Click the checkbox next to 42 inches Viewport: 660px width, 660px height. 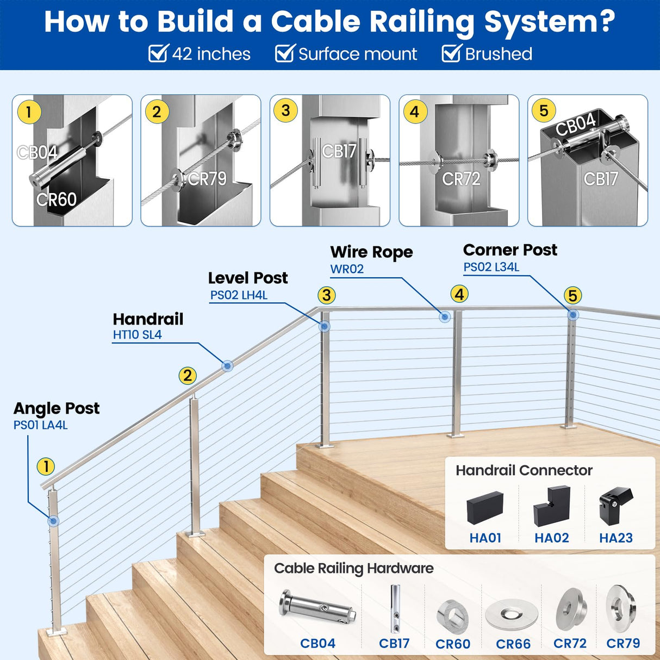[158, 54]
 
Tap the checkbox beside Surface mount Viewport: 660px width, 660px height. [284, 54]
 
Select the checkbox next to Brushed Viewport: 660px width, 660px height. [451, 54]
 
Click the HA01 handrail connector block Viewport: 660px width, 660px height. [485, 507]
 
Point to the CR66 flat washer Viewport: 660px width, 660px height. [512, 614]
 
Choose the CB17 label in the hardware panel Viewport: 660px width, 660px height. [394, 644]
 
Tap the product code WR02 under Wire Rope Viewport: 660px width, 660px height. [347, 269]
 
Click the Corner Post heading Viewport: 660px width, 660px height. [510, 250]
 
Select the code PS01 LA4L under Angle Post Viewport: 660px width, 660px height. [41, 425]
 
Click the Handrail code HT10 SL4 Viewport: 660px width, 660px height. [137, 335]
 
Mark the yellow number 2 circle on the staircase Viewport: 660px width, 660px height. [188, 376]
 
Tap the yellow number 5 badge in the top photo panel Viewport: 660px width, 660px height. [544, 111]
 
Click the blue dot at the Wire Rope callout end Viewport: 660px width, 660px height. [445, 317]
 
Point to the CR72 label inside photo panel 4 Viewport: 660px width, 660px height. [461, 179]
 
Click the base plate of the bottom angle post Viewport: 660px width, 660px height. [57, 631]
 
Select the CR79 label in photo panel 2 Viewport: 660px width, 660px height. [207, 179]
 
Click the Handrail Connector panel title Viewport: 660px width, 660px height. [524, 470]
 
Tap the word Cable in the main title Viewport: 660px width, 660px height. [315, 22]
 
